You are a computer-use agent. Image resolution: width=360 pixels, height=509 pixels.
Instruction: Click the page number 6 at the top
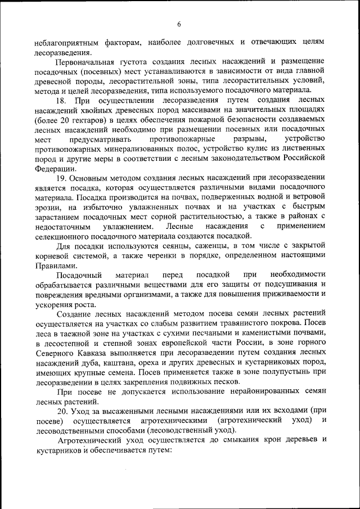point(179,24)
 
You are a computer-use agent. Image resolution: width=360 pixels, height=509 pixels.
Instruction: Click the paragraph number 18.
point(63,100)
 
